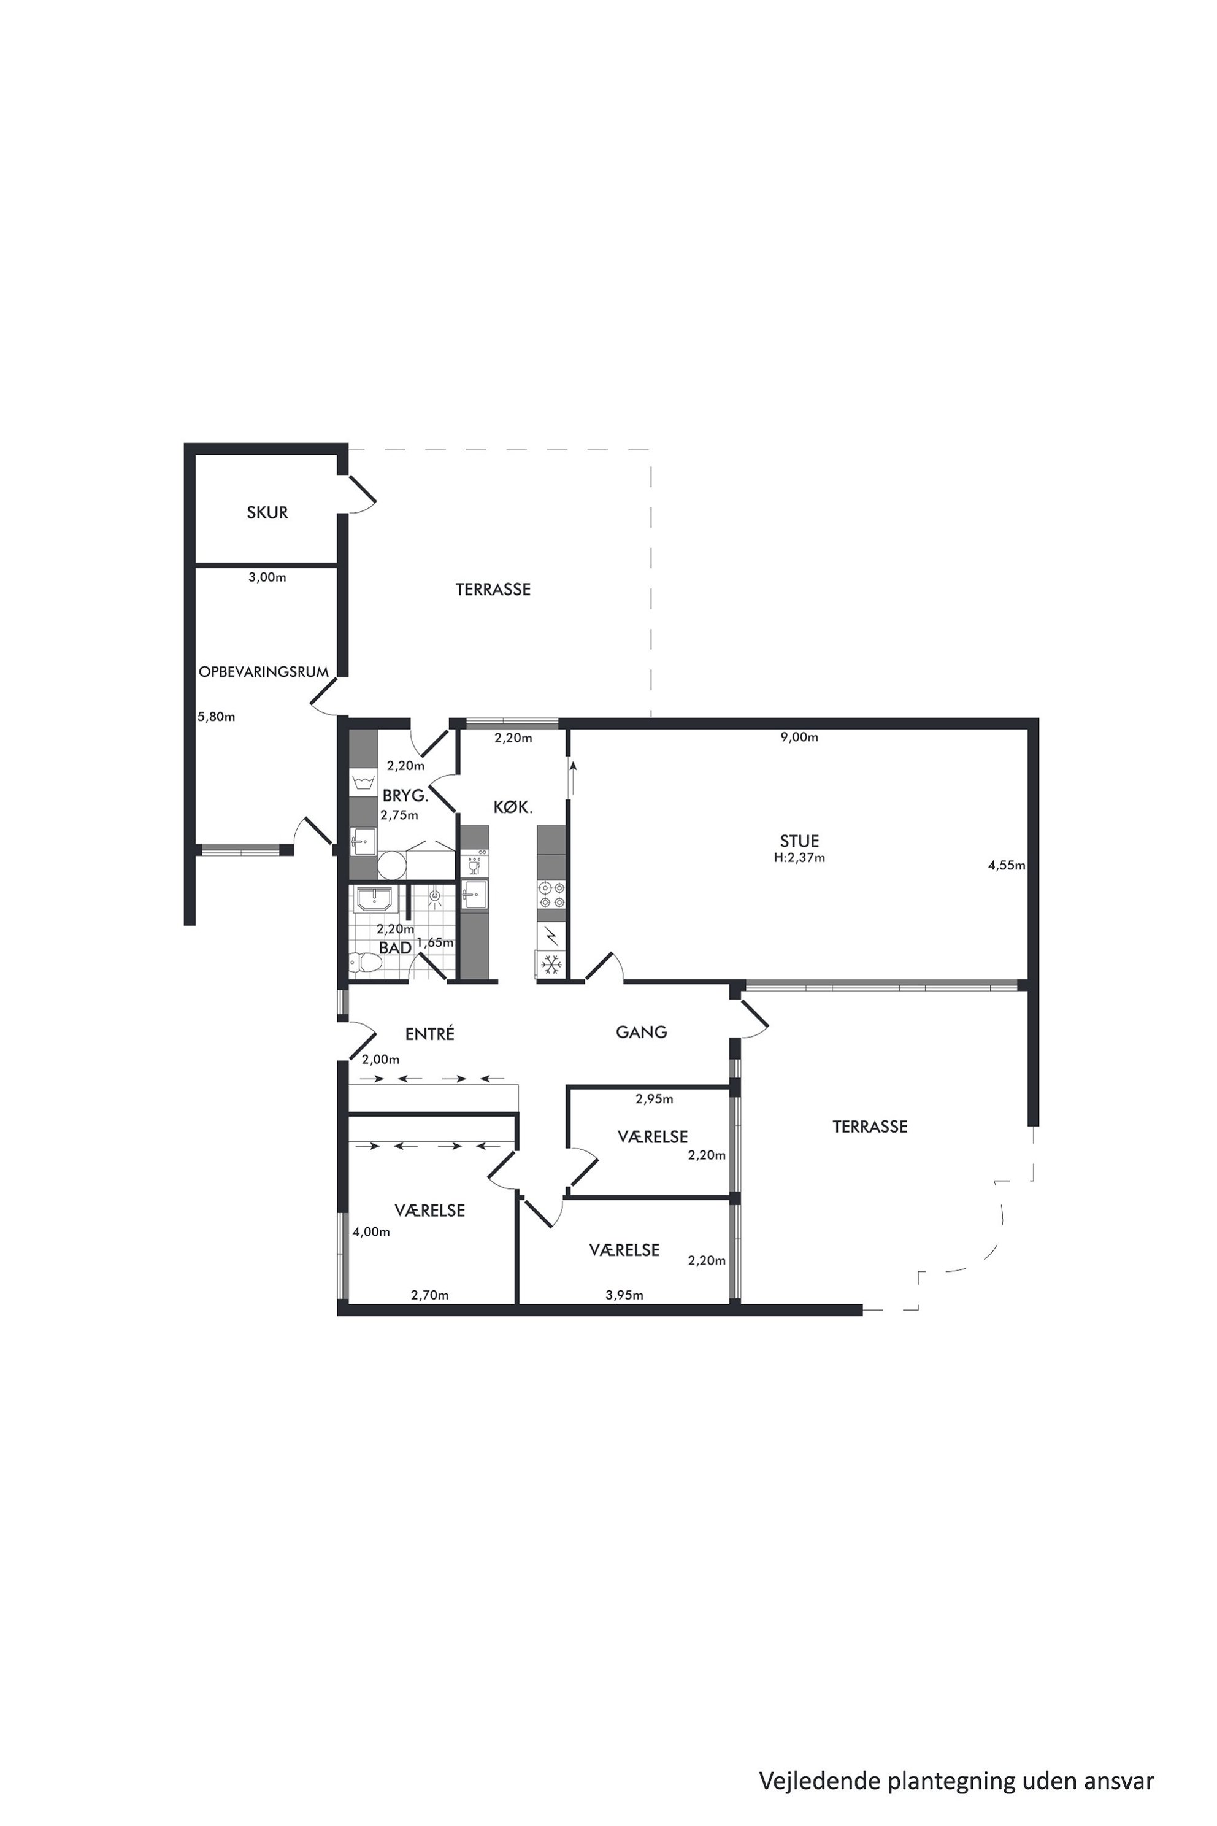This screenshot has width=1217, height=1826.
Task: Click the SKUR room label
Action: (x=268, y=512)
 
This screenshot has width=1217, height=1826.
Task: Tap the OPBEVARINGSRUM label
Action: (x=264, y=671)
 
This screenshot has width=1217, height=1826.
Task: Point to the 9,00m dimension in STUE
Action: (x=799, y=738)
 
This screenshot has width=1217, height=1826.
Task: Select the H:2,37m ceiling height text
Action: (x=799, y=858)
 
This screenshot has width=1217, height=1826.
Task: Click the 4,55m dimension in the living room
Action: (x=1007, y=866)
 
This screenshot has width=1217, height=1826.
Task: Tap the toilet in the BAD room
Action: (x=366, y=963)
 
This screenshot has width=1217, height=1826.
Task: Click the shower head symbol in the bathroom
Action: (x=436, y=898)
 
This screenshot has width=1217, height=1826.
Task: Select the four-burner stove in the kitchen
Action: (x=551, y=895)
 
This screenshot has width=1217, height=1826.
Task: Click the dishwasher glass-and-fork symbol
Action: (x=474, y=864)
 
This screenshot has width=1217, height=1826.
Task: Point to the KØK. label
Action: (x=513, y=807)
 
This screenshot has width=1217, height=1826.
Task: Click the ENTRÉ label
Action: (x=430, y=1034)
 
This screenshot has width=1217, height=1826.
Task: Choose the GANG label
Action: (x=642, y=1032)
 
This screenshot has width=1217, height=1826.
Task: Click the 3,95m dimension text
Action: (x=625, y=1295)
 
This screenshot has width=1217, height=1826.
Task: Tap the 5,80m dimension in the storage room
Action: (x=216, y=717)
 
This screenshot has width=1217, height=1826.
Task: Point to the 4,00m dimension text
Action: (x=372, y=1231)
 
